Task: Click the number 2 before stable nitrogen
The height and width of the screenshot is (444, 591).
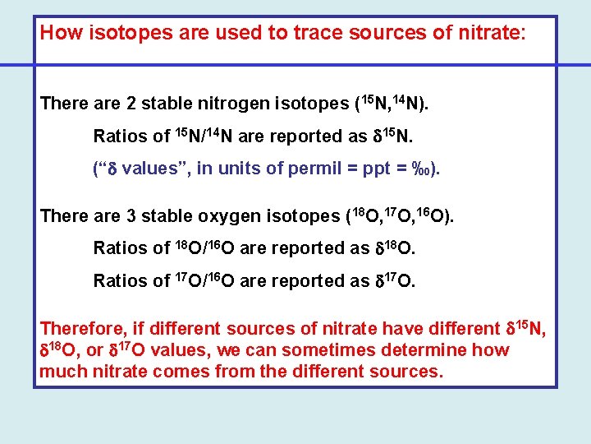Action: coord(133,104)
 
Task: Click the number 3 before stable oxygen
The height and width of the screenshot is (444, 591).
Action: coord(133,215)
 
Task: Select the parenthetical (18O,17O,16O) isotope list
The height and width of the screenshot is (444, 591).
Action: coord(400,215)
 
